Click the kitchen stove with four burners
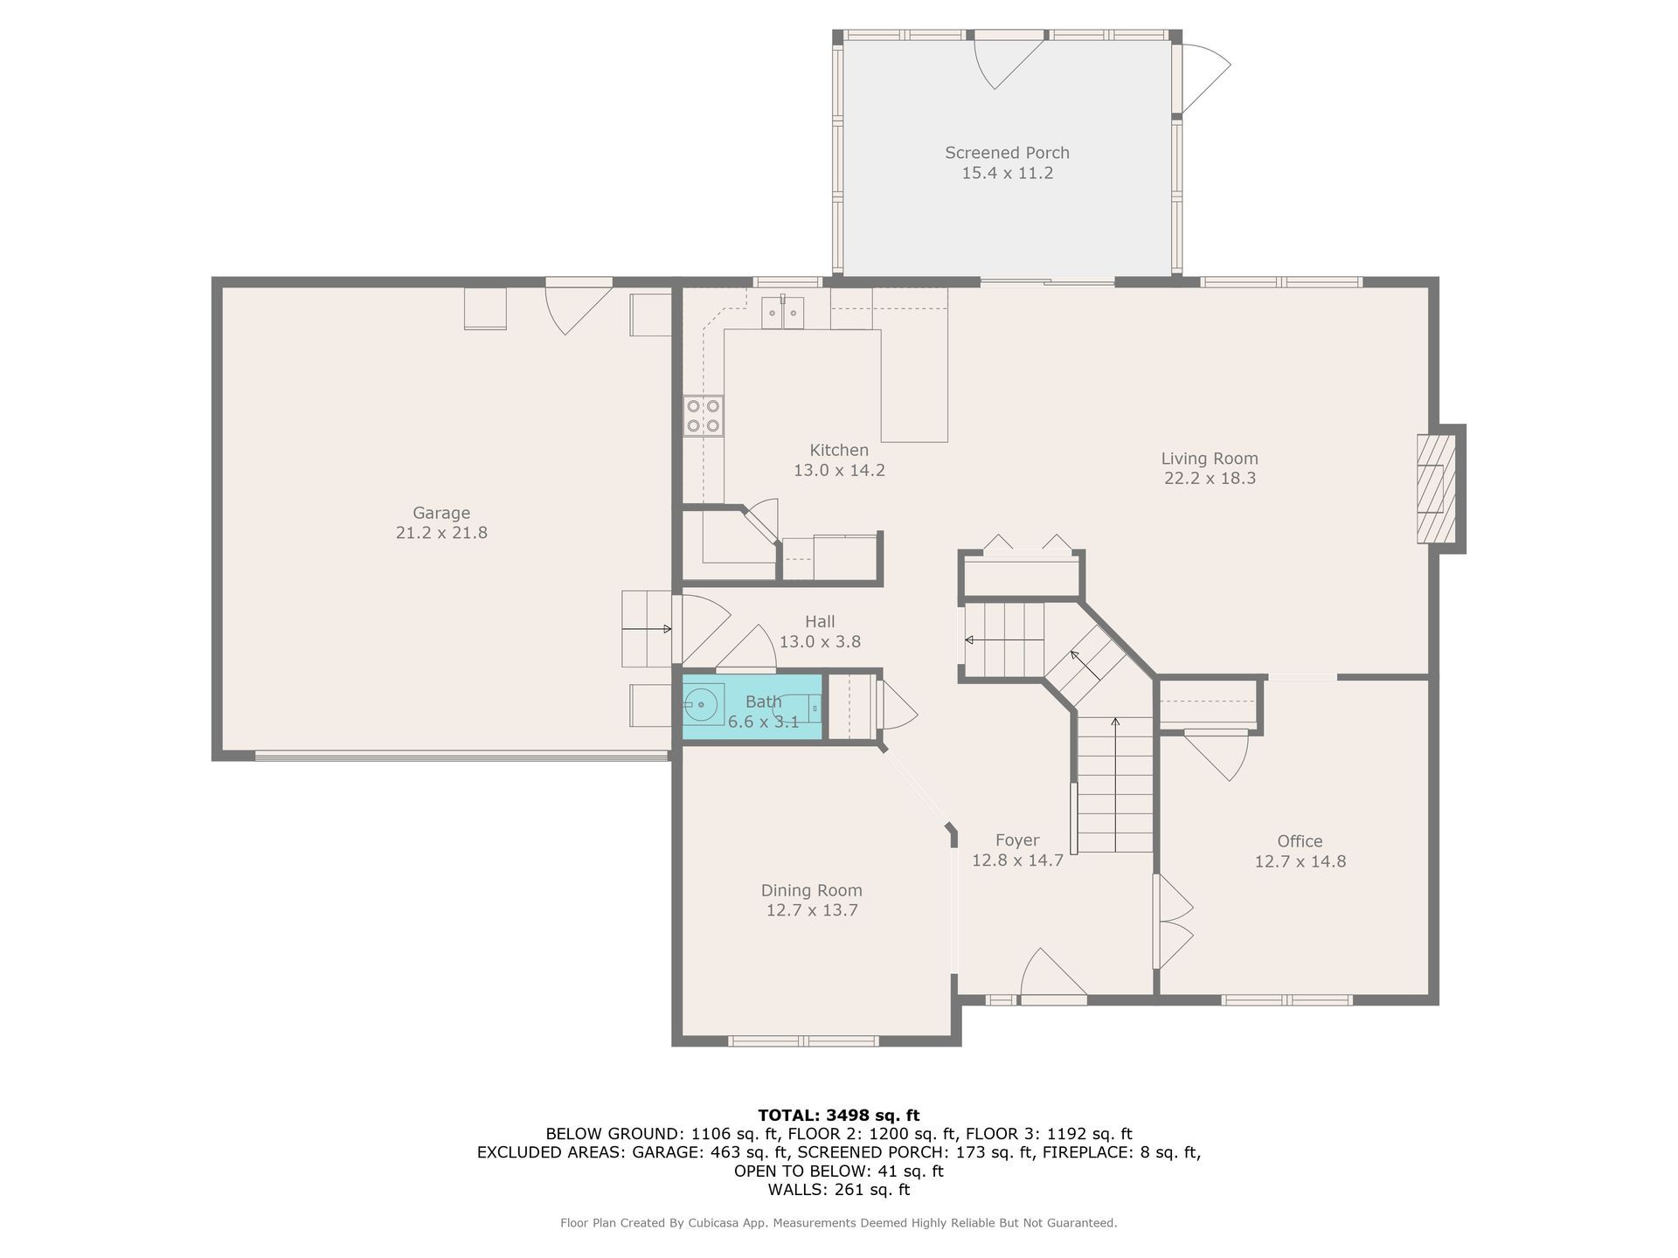click(x=703, y=416)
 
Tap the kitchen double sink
click(x=782, y=313)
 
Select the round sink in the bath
click(x=703, y=704)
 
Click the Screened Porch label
click(x=1007, y=153)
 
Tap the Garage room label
click(x=441, y=513)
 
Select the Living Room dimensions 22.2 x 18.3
click(x=1210, y=478)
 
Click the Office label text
click(x=1300, y=841)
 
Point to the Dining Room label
click(x=811, y=890)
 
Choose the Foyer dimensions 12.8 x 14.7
click(x=1017, y=860)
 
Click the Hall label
click(x=820, y=621)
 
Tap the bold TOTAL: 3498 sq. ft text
click(x=839, y=1115)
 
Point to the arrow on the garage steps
click(x=648, y=628)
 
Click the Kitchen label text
click(x=839, y=450)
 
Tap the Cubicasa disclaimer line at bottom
click(x=839, y=1223)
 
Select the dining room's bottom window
click(x=803, y=1040)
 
